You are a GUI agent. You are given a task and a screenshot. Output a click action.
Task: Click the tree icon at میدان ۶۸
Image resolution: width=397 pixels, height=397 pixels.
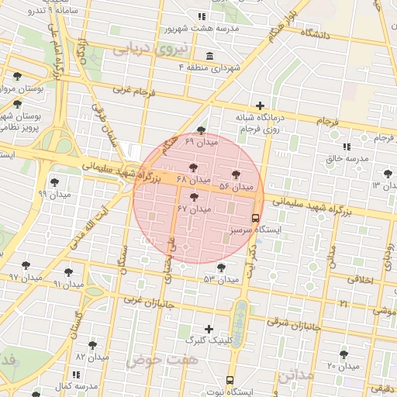coord(193,168)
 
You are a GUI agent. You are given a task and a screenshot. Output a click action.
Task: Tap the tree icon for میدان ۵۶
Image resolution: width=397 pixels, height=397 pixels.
coord(236,175)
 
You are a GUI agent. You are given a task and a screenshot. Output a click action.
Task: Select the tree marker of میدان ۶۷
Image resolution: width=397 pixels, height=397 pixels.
coord(194,198)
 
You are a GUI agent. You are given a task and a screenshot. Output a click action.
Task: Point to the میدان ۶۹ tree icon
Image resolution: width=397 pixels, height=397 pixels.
coord(202,130)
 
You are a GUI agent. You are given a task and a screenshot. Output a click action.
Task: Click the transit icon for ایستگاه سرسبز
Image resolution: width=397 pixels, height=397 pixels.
coord(256,219)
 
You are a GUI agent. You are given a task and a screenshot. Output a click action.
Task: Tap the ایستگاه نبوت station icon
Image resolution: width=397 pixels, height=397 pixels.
coord(230,380)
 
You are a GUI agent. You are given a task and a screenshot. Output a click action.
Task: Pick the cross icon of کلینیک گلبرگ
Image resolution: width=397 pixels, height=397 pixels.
coord(208,329)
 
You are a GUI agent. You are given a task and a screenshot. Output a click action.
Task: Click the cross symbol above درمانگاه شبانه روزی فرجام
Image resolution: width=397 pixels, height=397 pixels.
coord(260,105)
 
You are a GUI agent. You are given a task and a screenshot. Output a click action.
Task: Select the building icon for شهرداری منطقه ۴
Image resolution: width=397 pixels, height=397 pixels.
coord(210,56)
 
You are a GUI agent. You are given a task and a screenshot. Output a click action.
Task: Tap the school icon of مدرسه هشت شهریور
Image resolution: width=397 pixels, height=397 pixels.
coord(202,16)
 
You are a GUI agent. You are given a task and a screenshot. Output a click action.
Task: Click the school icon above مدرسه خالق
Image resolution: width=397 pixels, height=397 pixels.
coord(346,147)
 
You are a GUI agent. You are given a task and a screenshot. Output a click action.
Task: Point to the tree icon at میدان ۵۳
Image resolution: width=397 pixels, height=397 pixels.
coord(222,268)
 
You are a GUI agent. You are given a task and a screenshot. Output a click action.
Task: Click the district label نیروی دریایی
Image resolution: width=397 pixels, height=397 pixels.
coord(141,49)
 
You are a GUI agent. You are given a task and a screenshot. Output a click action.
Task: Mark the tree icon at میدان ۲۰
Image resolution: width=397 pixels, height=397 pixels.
coord(343,354)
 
